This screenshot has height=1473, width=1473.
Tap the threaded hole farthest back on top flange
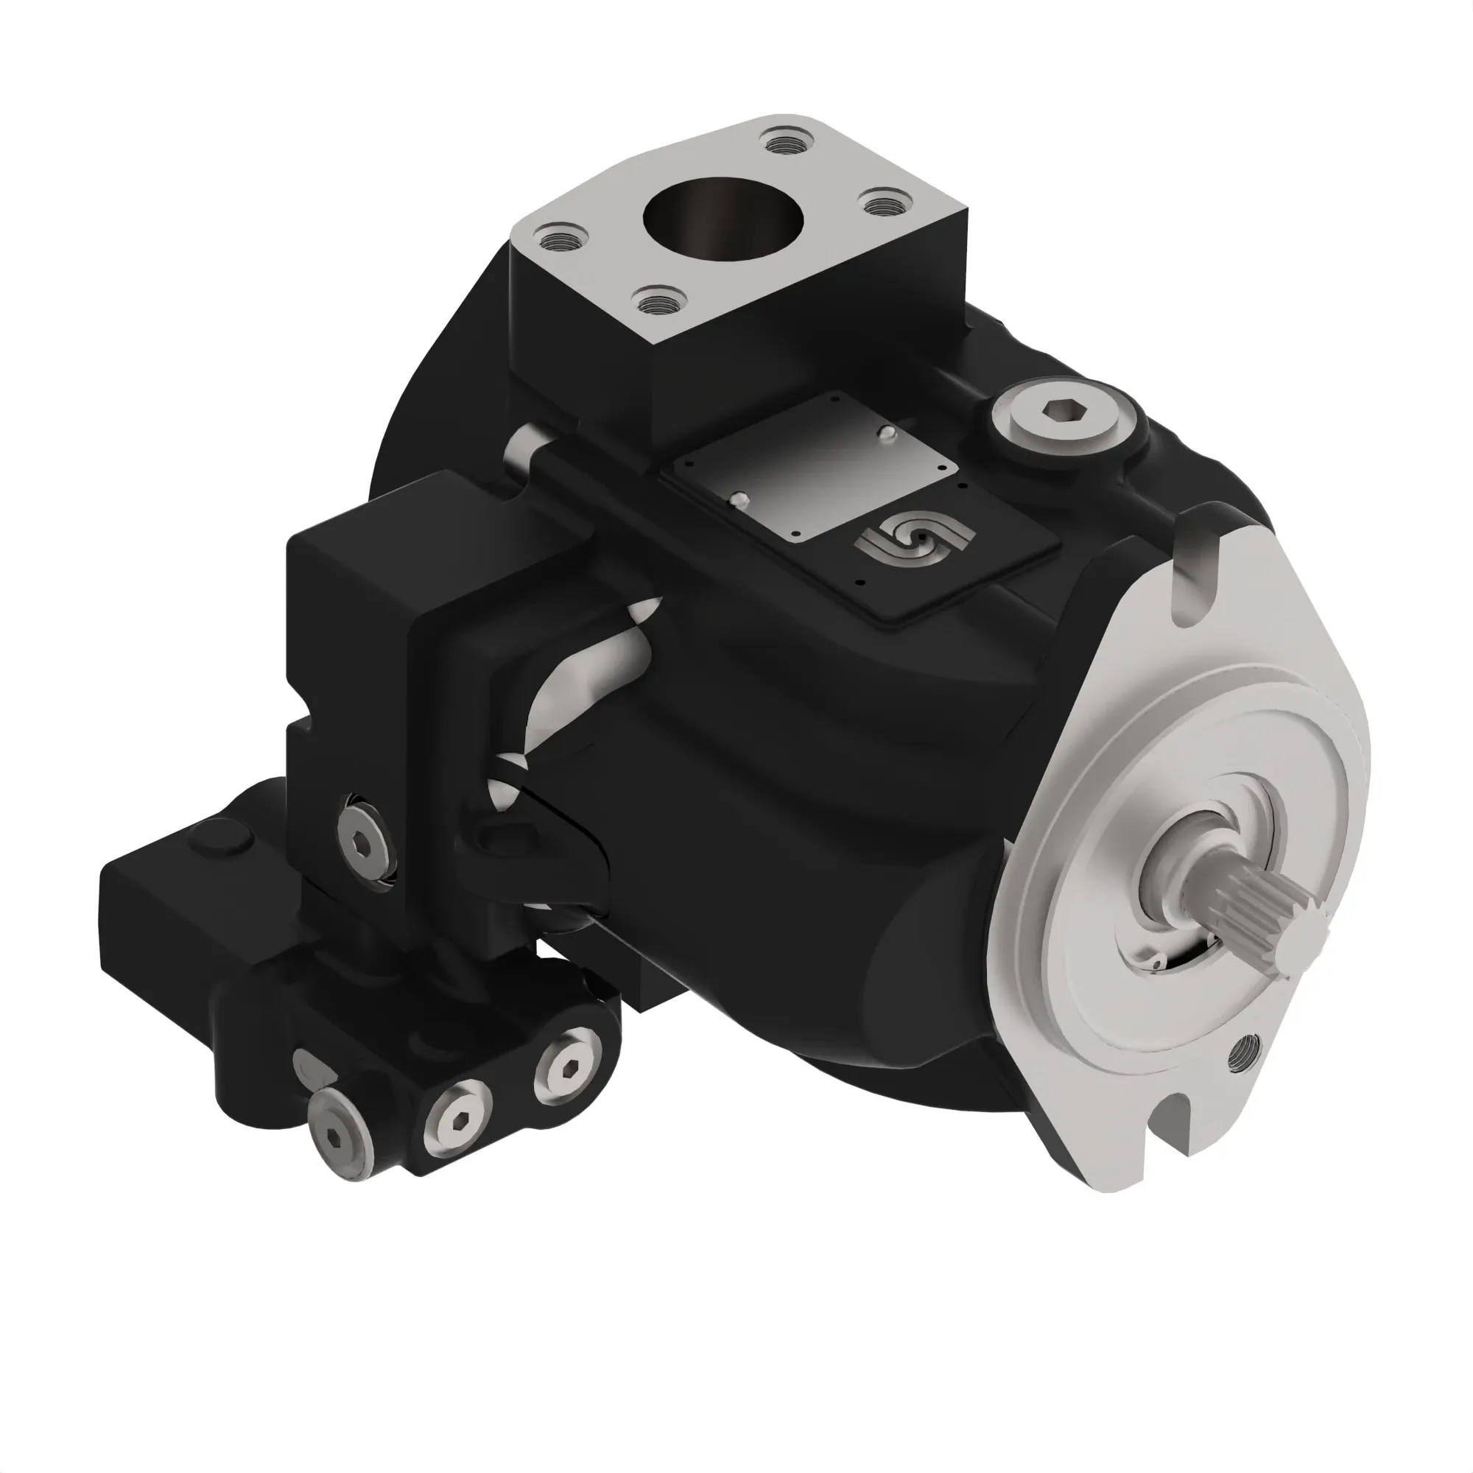click(x=787, y=143)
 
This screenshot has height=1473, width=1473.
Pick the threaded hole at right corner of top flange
click(x=885, y=203)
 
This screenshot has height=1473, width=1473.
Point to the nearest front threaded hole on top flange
click(x=660, y=302)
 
